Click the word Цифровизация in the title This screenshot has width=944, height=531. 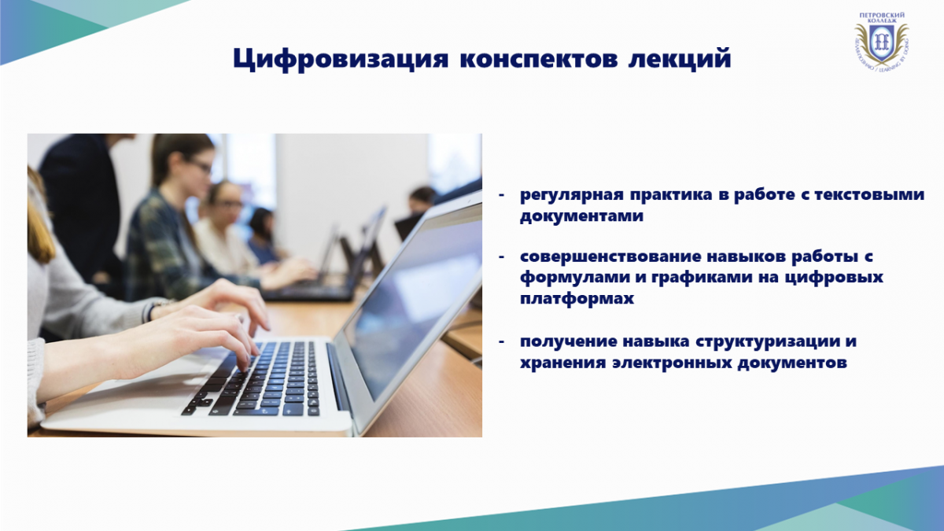click(x=341, y=59)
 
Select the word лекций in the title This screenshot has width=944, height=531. click(x=680, y=58)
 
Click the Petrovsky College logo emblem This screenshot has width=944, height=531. click(x=881, y=41)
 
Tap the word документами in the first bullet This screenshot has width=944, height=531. click(x=581, y=216)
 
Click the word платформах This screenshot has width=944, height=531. click(x=577, y=298)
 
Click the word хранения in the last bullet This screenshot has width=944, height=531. click(x=562, y=363)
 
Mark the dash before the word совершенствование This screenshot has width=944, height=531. click(x=501, y=256)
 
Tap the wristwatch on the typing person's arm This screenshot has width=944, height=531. click(x=156, y=309)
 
